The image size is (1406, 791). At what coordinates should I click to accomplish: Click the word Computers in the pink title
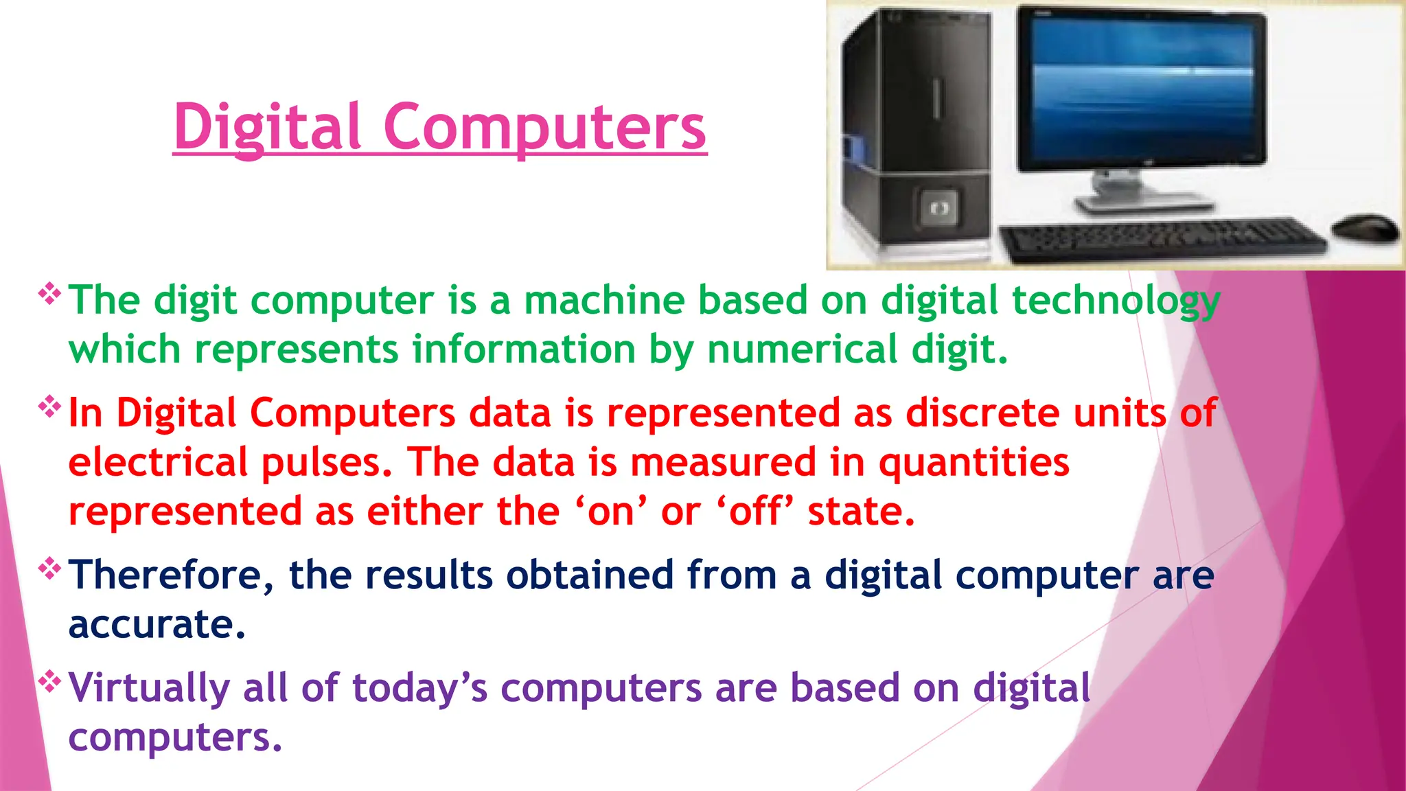point(544,127)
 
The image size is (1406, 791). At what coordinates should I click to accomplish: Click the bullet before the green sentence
point(49,295)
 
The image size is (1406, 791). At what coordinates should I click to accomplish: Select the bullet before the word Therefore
point(49,569)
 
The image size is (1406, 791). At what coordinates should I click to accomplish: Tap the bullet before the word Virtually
point(49,682)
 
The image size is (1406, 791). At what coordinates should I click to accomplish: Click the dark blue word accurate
point(157,625)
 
